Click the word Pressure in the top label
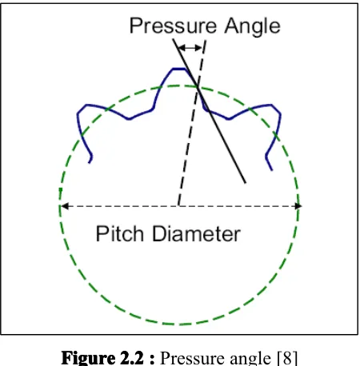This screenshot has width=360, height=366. [173, 26]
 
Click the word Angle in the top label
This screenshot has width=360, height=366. [252, 26]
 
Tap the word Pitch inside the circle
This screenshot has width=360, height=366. [119, 233]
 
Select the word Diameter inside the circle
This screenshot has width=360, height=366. [197, 233]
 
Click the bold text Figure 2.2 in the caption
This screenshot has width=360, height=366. [102, 357]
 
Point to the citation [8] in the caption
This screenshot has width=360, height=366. [287, 358]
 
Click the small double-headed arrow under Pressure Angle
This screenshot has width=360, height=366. [190, 48]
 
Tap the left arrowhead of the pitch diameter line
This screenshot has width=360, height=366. [65, 206]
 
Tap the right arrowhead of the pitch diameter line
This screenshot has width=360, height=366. [298, 206]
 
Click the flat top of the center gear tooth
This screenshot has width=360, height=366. [179, 69]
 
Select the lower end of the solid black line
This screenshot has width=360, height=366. [246, 183]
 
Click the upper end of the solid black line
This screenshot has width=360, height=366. [174, 39]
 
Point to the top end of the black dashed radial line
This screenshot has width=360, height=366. [206, 41]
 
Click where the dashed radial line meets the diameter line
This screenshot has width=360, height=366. [178, 206]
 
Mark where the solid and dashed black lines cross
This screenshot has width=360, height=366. [198, 86]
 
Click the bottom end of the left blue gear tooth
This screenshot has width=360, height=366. [90, 162]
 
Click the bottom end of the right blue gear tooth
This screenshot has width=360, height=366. [272, 170]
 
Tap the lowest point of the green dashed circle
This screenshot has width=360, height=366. [178, 324]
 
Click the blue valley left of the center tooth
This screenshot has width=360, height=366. [129, 119]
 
